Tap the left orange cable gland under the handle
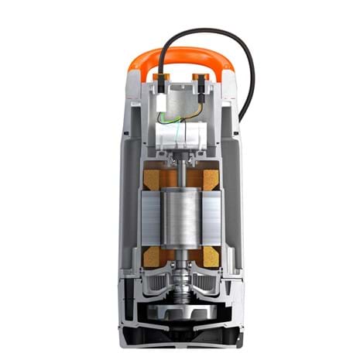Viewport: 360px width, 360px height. pos(161,77)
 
